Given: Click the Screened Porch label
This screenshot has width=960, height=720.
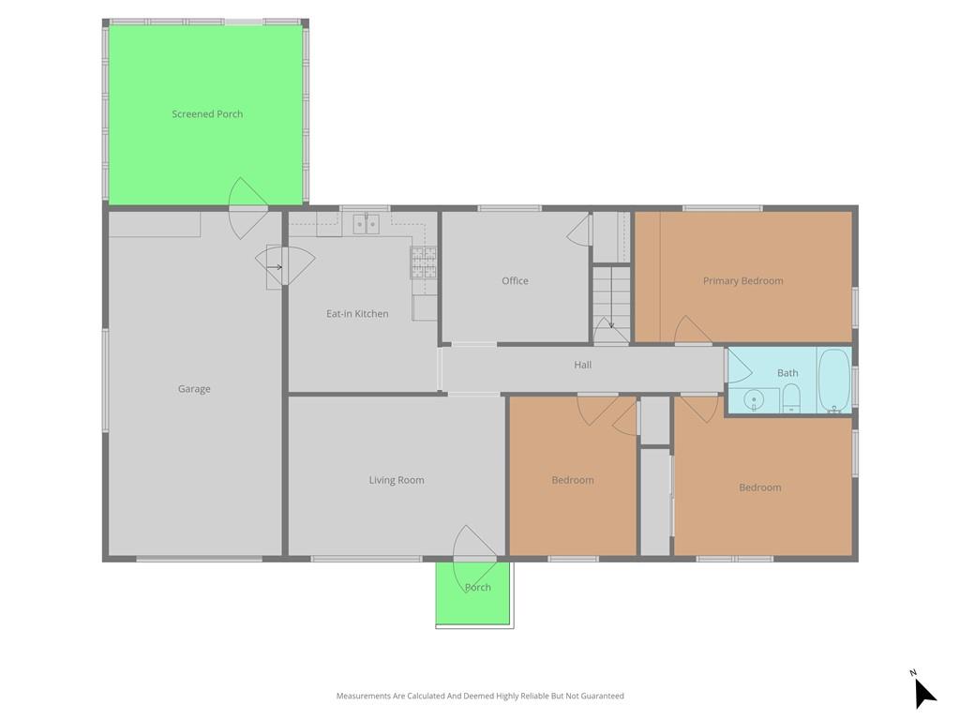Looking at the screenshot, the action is [207, 113].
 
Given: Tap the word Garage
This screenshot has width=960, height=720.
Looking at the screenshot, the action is [194, 389].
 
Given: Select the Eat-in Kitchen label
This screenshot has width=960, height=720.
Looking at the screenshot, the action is [357, 313].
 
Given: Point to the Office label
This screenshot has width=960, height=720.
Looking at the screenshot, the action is [515, 280].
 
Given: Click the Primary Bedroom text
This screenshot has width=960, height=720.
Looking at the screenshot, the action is [742, 281].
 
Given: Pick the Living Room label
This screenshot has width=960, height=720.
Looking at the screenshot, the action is [397, 480].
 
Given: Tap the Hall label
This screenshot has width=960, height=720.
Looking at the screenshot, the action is [583, 365].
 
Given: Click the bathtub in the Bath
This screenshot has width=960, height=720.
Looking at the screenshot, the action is [833, 381].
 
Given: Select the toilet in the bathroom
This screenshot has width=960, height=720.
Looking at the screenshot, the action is [791, 397].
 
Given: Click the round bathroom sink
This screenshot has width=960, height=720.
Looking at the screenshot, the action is [754, 400].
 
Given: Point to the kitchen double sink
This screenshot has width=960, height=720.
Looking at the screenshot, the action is [367, 224].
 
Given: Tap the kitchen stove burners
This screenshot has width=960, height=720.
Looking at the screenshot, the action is [424, 262].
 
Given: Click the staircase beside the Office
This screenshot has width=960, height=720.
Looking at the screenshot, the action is [611, 305].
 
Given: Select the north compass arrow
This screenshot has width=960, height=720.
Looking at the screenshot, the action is [923, 692].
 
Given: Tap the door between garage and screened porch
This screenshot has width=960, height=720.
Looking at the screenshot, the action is [247, 208].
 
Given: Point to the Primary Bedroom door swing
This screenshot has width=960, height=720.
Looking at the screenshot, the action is [693, 331].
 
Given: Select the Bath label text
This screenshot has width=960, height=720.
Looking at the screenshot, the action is [787, 373].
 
